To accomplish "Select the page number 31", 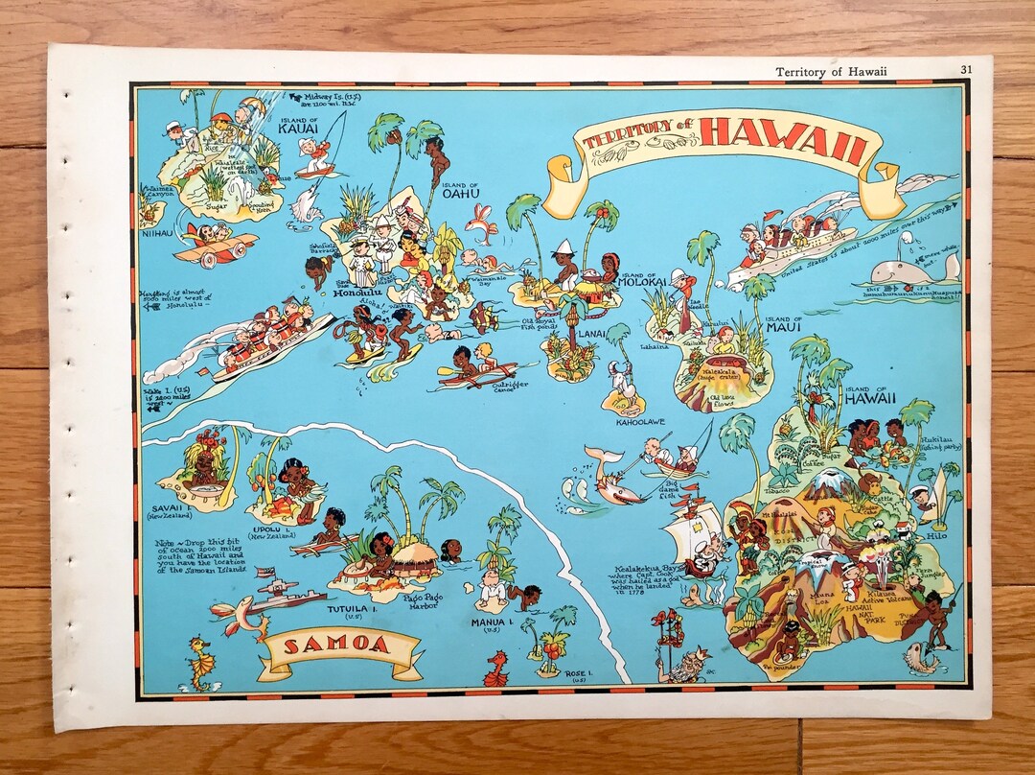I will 966,69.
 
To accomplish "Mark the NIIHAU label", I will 155,230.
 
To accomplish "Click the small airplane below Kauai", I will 217,246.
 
